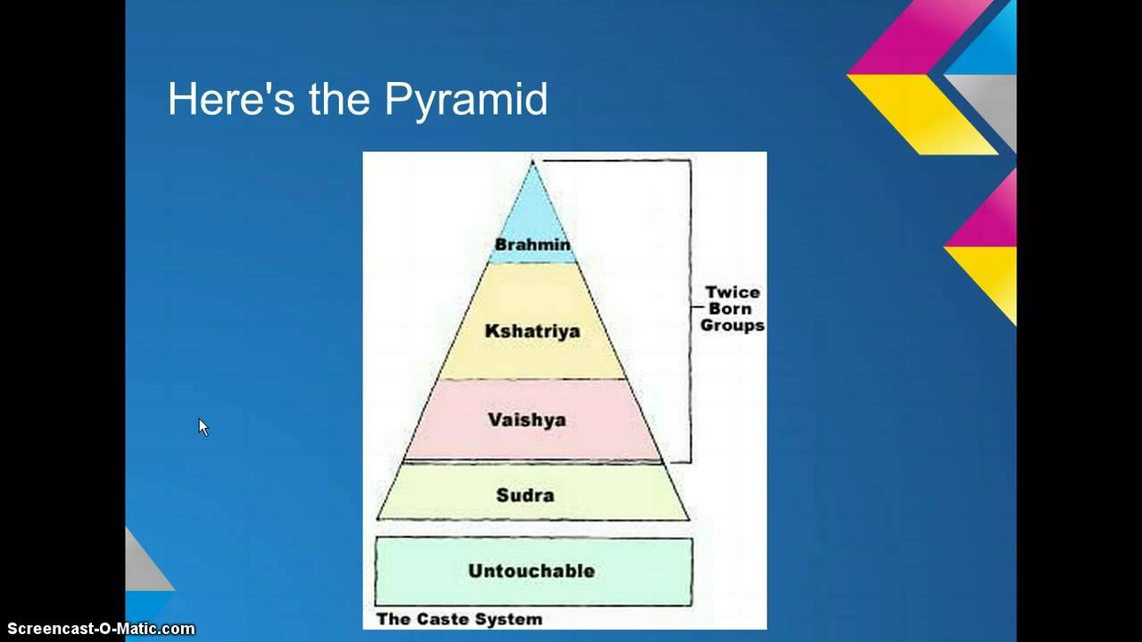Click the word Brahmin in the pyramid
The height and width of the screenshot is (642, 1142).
(x=533, y=244)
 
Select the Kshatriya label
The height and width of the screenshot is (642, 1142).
(x=532, y=331)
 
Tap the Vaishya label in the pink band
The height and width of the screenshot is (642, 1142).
(x=526, y=419)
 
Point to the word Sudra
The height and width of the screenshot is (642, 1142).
(x=525, y=495)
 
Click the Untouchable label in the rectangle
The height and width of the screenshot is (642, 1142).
(x=531, y=571)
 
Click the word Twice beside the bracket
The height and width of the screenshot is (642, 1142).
(x=732, y=292)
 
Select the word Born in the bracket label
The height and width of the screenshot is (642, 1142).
(x=732, y=309)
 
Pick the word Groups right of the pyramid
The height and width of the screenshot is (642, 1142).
(x=732, y=326)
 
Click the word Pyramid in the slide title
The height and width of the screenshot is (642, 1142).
(x=466, y=100)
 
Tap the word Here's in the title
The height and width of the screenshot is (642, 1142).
(x=231, y=99)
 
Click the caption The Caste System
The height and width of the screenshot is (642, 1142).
(x=459, y=619)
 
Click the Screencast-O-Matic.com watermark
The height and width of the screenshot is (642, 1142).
(x=98, y=630)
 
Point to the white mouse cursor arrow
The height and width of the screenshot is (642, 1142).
(x=203, y=427)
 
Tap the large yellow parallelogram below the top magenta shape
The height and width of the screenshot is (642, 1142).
(x=919, y=111)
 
